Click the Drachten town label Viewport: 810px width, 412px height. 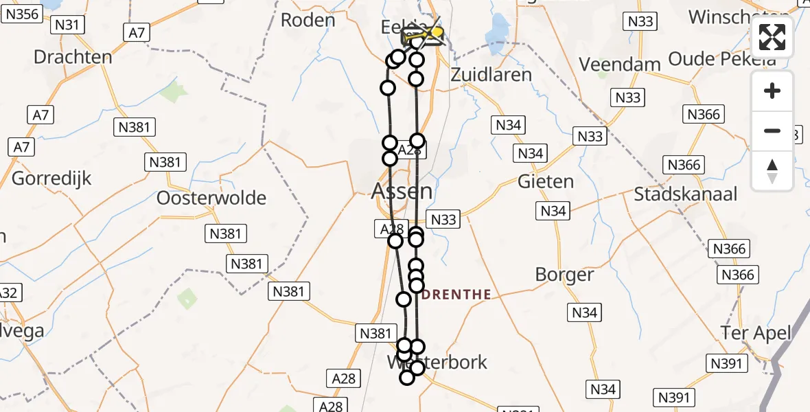tap(73, 56)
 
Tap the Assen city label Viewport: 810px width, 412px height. tap(402, 190)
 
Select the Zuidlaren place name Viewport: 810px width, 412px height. tap(491, 74)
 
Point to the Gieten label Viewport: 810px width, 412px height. tap(546, 182)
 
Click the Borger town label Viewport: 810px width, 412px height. tap(564, 275)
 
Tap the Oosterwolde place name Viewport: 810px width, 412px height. tap(211, 198)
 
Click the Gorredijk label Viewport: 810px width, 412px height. tap(51, 180)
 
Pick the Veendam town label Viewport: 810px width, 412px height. tap(620, 65)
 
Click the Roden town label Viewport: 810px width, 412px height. tap(308, 20)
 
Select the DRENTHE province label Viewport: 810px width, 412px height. tap(456, 295)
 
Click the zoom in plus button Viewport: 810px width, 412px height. tap(772, 91)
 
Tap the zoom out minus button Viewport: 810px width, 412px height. tap(772, 130)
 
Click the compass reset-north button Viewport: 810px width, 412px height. tap(772, 170)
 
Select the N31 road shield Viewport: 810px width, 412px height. tap(69, 25)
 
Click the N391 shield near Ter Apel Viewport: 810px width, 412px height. tap(727, 363)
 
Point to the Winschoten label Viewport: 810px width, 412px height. tap(737, 16)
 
